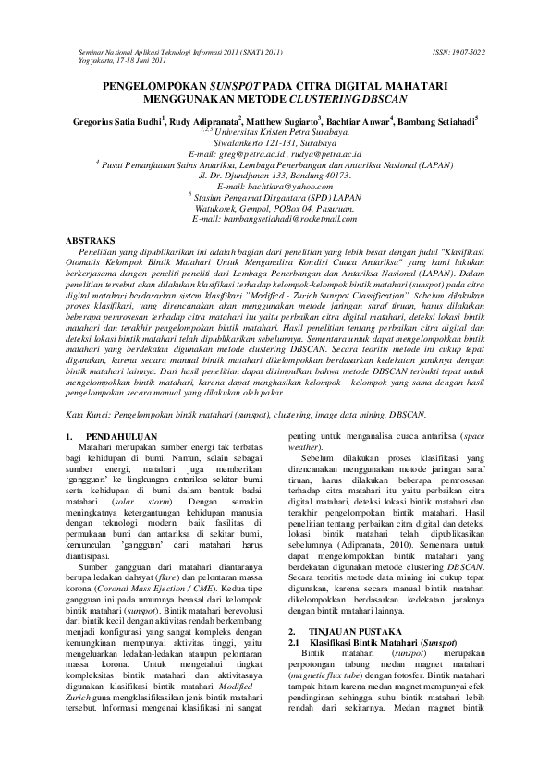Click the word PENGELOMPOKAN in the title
(154, 84)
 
